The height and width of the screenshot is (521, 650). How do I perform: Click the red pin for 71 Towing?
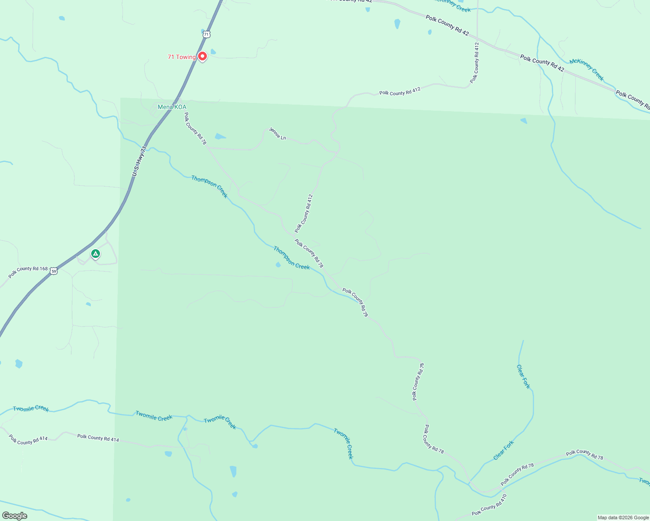pyautogui.click(x=202, y=56)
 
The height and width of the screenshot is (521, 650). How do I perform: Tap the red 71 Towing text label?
pyautogui.click(x=182, y=57)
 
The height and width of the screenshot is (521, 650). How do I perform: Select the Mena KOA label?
pyautogui.click(x=172, y=107)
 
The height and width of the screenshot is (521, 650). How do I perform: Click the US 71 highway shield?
pyautogui.click(x=206, y=34)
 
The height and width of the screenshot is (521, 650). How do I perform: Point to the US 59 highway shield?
pyautogui.click(x=53, y=271)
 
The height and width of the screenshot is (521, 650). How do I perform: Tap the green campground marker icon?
pyautogui.click(x=96, y=254)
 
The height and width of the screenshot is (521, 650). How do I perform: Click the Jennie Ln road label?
pyautogui.click(x=277, y=134)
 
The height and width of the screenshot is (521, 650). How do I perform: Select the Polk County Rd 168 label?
pyautogui.click(x=28, y=272)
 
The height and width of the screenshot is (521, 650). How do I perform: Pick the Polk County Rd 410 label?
pyautogui.click(x=489, y=505)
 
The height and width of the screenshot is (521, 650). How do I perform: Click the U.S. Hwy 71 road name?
pyautogui.click(x=139, y=162)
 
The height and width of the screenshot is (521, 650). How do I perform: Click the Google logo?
pyautogui.click(x=14, y=516)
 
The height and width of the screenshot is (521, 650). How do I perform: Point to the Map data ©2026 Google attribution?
pyautogui.click(x=623, y=518)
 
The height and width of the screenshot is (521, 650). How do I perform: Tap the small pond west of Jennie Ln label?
pyautogui.click(x=220, y=137)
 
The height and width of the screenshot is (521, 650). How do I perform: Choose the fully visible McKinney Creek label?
pyautogui.click(x=587, y=69)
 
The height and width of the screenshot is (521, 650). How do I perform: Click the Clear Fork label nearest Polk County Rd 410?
pyautogui.click(x=504, y=450)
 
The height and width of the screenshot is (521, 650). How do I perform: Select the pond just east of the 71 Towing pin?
pyautogui.click(x=213, y=52)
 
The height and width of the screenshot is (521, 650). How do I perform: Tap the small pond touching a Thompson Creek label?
pyautogui.click(x=278, y=264)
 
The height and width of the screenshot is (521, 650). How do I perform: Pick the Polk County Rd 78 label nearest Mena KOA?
pyautogui.click(x=195, y=129)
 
